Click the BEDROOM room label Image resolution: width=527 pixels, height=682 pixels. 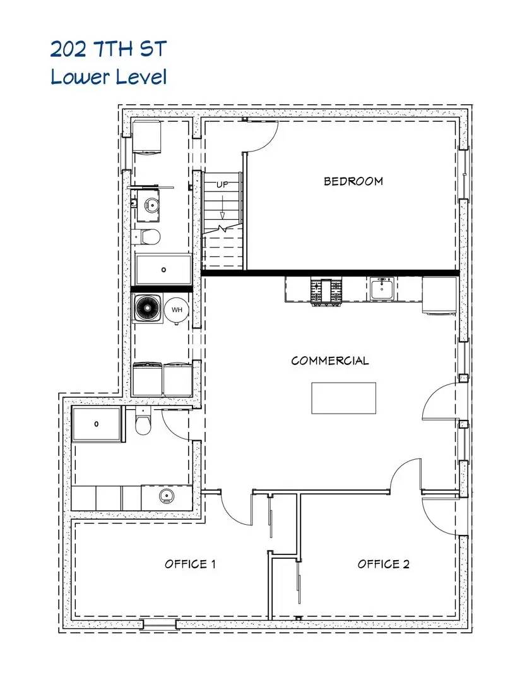click(353, 181)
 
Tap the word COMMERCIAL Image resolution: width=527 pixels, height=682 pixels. click(330, 361)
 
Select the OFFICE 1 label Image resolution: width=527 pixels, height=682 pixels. click(190, 564)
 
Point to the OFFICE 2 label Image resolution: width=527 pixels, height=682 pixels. click(383, 564)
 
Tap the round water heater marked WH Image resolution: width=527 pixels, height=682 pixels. click(176, 309)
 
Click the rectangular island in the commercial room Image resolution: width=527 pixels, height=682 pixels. click(343, 398)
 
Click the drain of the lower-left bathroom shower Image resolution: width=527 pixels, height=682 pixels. click(97, 424)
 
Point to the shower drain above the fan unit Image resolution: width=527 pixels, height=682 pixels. click(163, 270)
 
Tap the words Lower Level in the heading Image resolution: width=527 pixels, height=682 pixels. click(109, 77)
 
